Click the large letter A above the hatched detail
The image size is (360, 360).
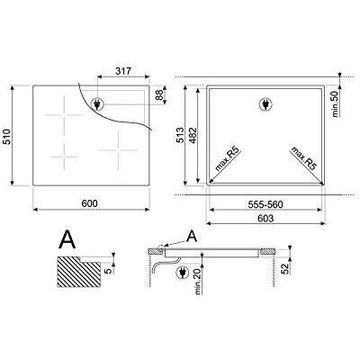(x=66, y=238)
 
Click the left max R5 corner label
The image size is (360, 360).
(x=221, y=159)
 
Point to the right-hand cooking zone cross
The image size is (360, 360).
(x=117, y=142)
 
